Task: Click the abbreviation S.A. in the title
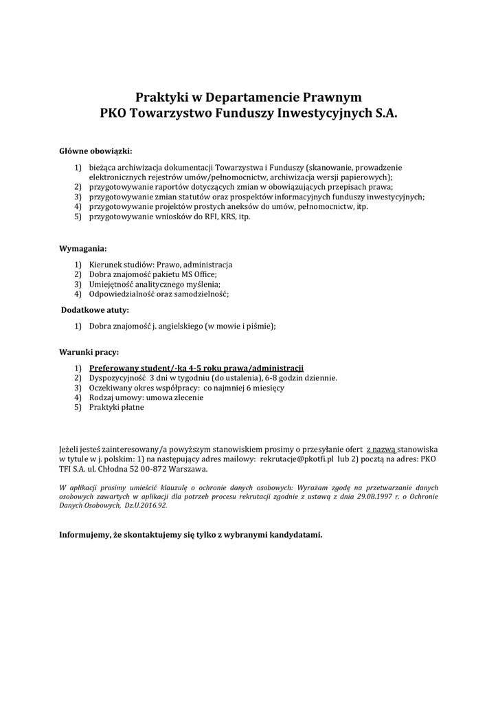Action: click(385, 113)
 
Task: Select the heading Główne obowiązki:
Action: click(95, 151)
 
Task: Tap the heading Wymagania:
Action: click(83, 248)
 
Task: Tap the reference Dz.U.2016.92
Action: click(144, 505)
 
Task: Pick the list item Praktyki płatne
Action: click(117, 407)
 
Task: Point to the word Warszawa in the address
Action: click(185, 468)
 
